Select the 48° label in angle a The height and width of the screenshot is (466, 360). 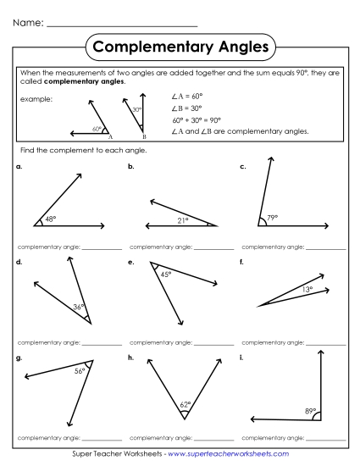pyautogui.click(x=50, y=219)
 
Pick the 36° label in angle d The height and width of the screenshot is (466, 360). pyautogui.click(x=78, y=307)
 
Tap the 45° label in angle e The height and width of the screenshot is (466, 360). pyautogui.click(x=166, y=274)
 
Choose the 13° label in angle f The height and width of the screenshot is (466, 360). pyautogui.click(x=307, y=290)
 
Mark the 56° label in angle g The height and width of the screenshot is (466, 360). pyautogui.click(x=80, y=370)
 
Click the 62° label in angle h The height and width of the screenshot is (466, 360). pyautogui.click(x=185, y=405)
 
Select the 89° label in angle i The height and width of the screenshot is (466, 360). pyautogui.click(x=310, y=412)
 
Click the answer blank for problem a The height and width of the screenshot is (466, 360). pyautogui.click(x=102, y=249)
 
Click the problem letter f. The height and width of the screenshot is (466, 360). pyautogui.click(x=242, y=263)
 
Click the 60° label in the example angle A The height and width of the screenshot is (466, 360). pyautogui.click(x=97, y=130)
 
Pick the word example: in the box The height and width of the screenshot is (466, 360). pyautogui.click(x=36, y=98)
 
